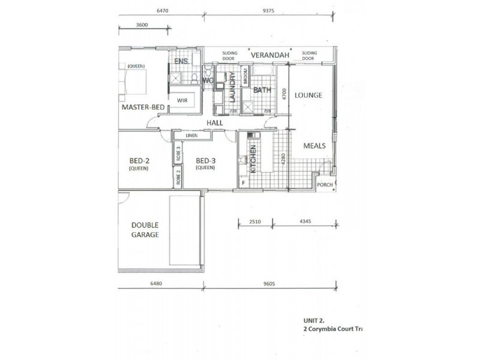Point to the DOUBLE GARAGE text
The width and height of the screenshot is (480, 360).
[x=145, y=230]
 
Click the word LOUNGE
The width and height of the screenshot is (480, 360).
[x=308, y=95]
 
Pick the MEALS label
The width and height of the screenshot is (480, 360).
[x=314, y=145]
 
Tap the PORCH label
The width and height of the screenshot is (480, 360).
[x=325, y=185]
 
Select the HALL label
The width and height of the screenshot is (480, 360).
[x=215, y=122]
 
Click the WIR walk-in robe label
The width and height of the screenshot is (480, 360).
[x=182, y=101]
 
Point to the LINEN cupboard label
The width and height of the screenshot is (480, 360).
[x=191, y=136]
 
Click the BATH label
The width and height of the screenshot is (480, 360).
[x=262, y=91]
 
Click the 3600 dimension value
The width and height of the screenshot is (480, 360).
[x=142, y=25]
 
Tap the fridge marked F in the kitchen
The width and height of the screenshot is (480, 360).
[x=244, y=182]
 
